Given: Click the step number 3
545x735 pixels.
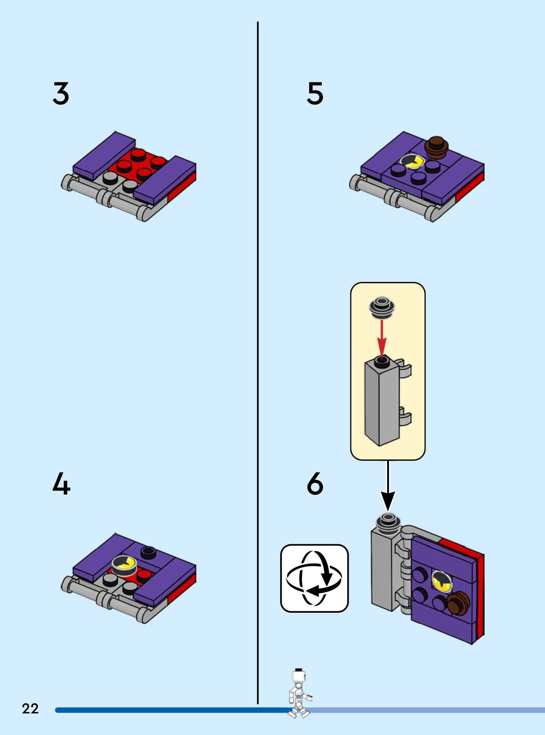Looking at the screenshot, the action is (61, 94).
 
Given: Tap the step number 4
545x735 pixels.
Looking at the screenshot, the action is (61, 484).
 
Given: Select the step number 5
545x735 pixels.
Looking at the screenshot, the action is (315, 94).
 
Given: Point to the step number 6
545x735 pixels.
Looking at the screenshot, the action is (315, 484).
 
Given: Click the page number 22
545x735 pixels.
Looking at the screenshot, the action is (30, 709).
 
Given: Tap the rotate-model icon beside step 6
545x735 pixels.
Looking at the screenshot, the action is (314, 578).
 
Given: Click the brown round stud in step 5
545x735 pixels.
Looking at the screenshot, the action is (436, 147).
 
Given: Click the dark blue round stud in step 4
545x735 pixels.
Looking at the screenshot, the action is (148, 552).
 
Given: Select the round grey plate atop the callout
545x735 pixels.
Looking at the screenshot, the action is (382, 307).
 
